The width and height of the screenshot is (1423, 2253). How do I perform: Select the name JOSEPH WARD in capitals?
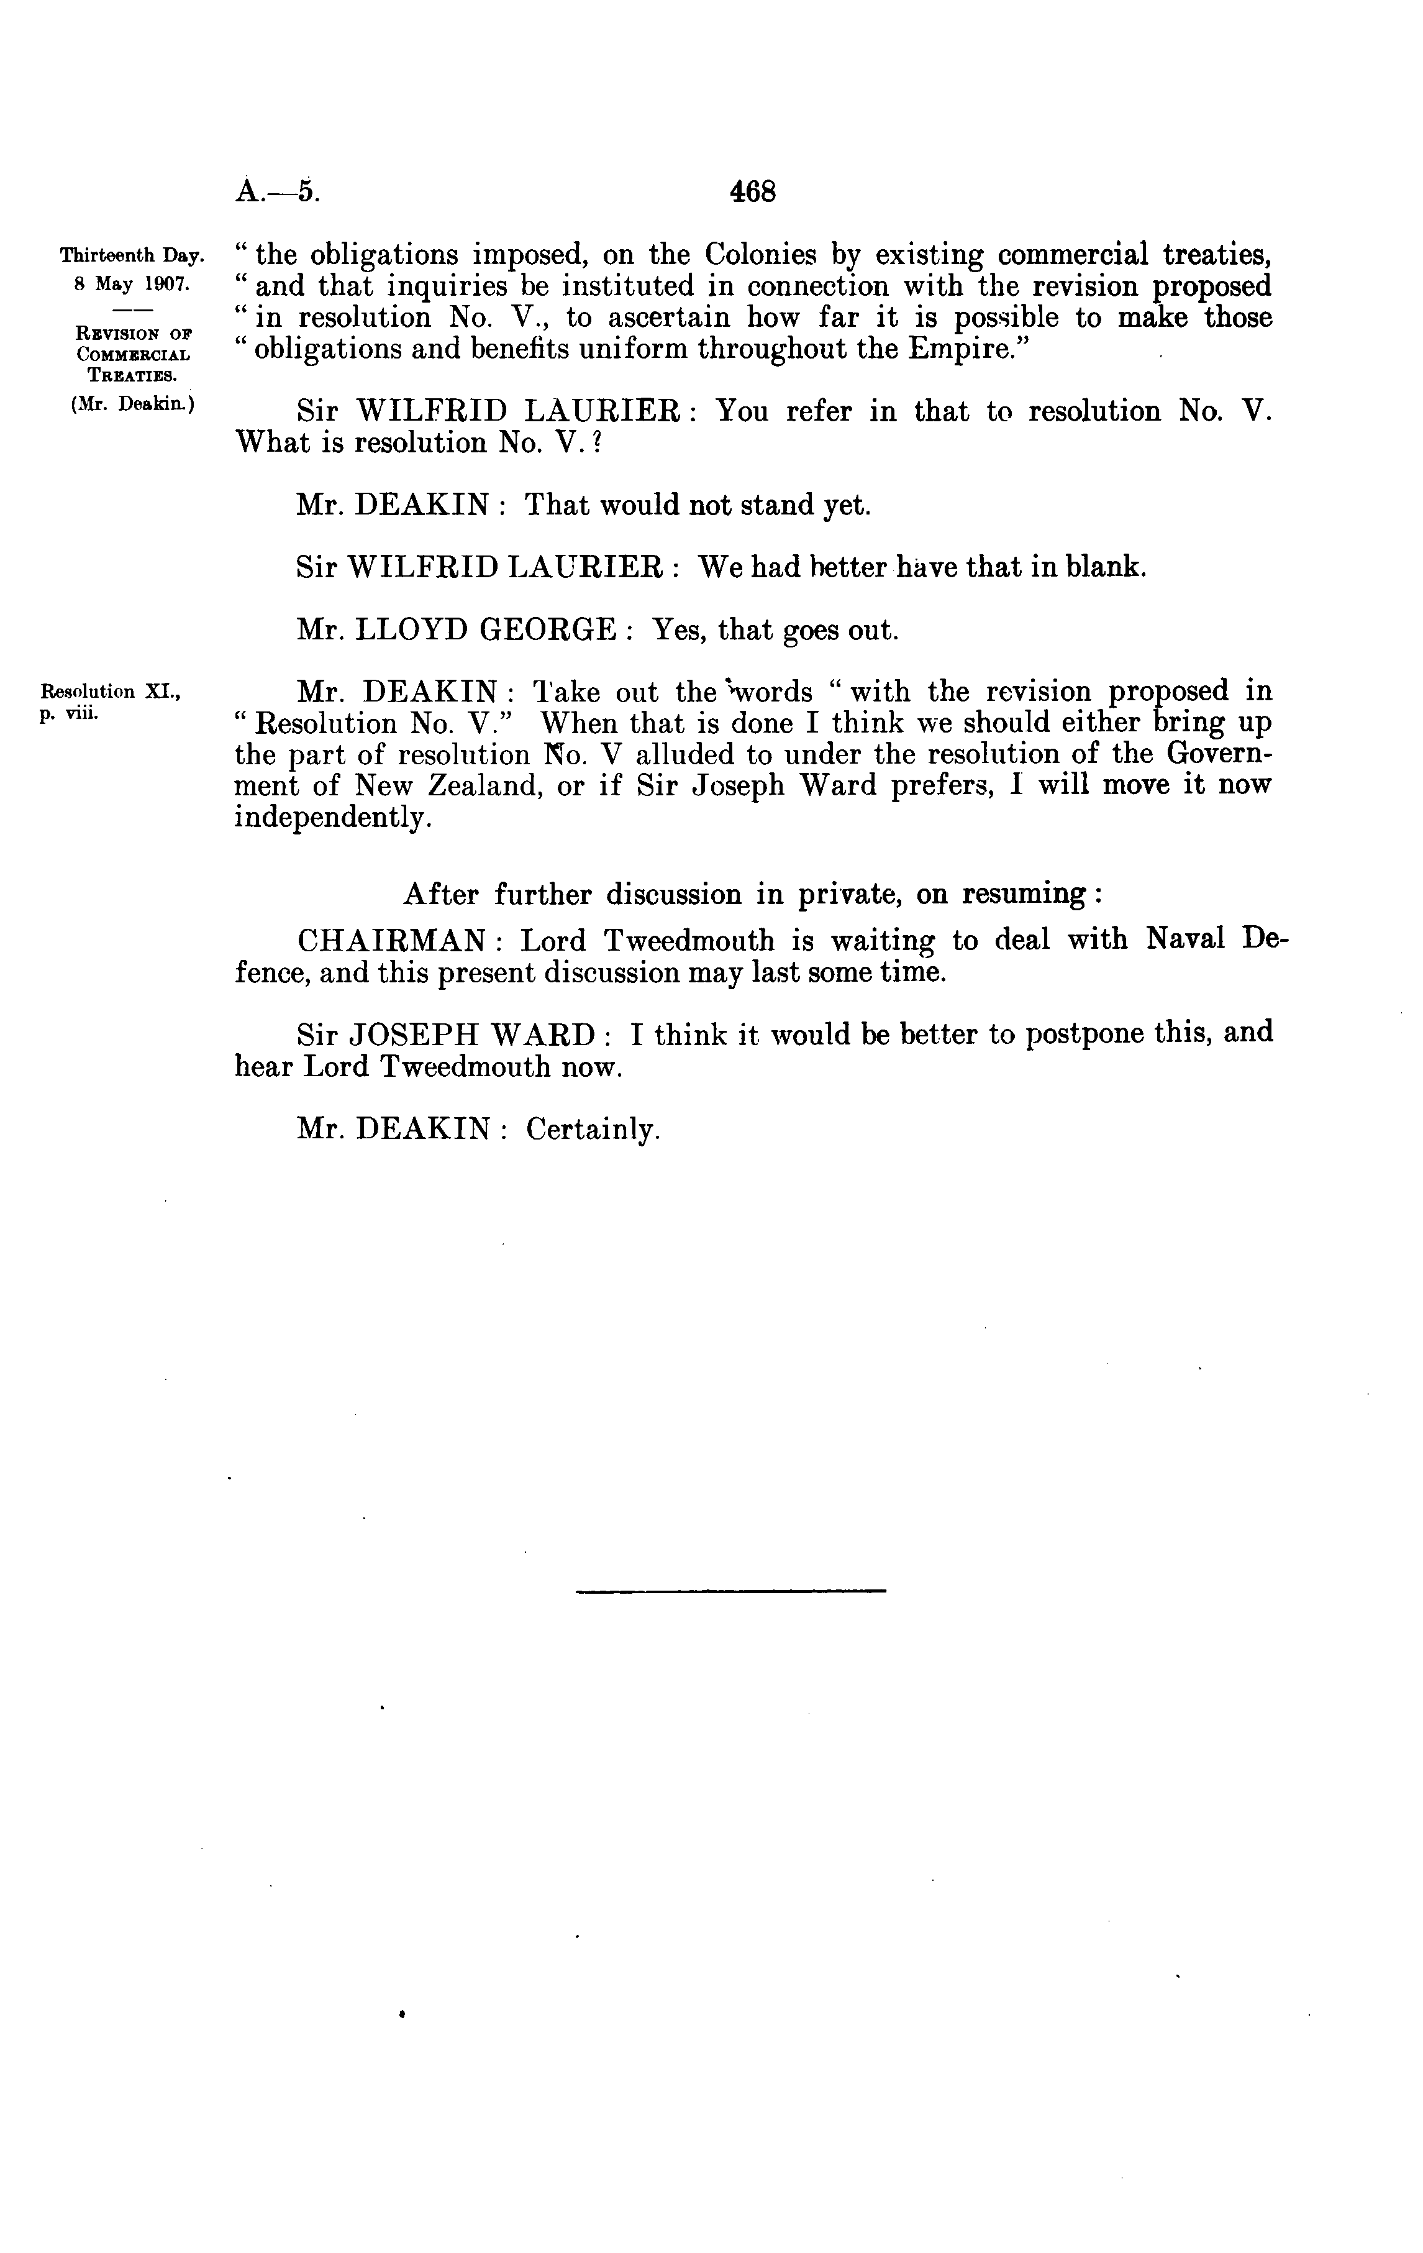pos(473,1035)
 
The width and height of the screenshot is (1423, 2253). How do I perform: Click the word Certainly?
pos(593,1130)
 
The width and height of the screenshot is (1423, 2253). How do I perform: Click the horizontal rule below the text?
pos(730,1591)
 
